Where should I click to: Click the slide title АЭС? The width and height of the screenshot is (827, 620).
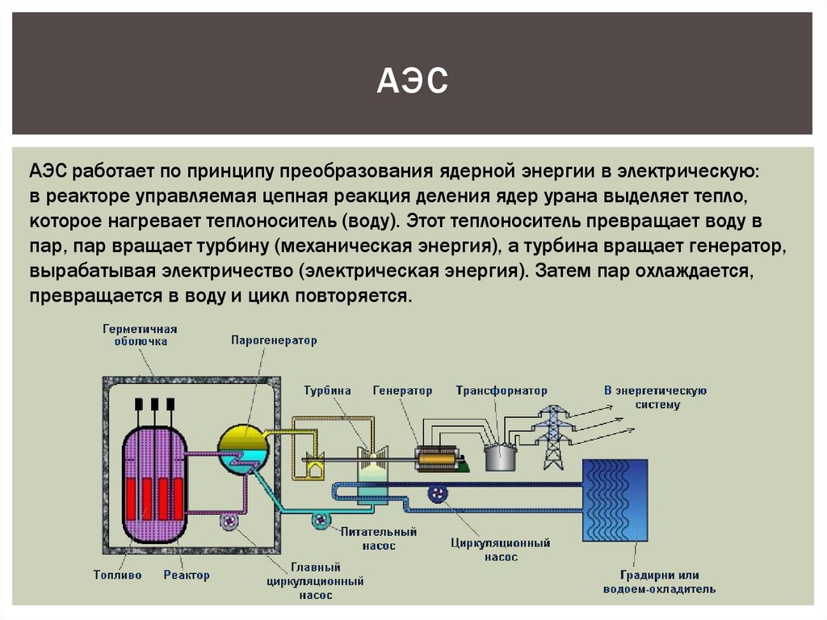(412, 82)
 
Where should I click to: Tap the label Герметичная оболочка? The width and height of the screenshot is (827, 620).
(140, 335)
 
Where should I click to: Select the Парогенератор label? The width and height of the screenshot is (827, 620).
(274, 341)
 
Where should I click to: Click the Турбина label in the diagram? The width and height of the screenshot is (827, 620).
(327, 390)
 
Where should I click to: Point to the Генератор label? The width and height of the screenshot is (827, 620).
(402, 390)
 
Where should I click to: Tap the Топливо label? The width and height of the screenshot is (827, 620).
(117, 576)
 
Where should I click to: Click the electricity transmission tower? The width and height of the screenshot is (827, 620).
(553, 436)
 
